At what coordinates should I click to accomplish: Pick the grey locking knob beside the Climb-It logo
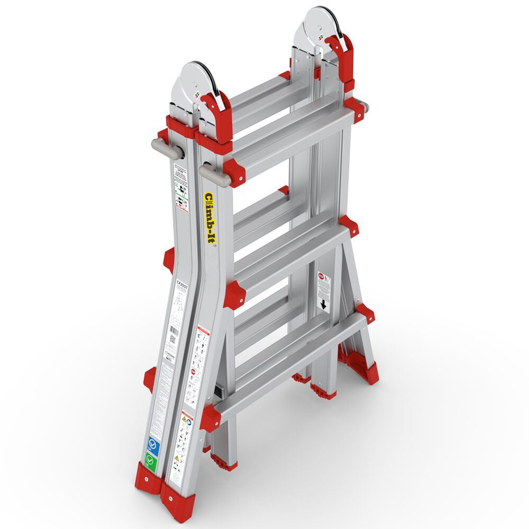coord(214,175)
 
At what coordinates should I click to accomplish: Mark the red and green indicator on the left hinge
coord(197,96)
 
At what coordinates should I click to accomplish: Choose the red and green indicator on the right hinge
coord(321,38)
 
